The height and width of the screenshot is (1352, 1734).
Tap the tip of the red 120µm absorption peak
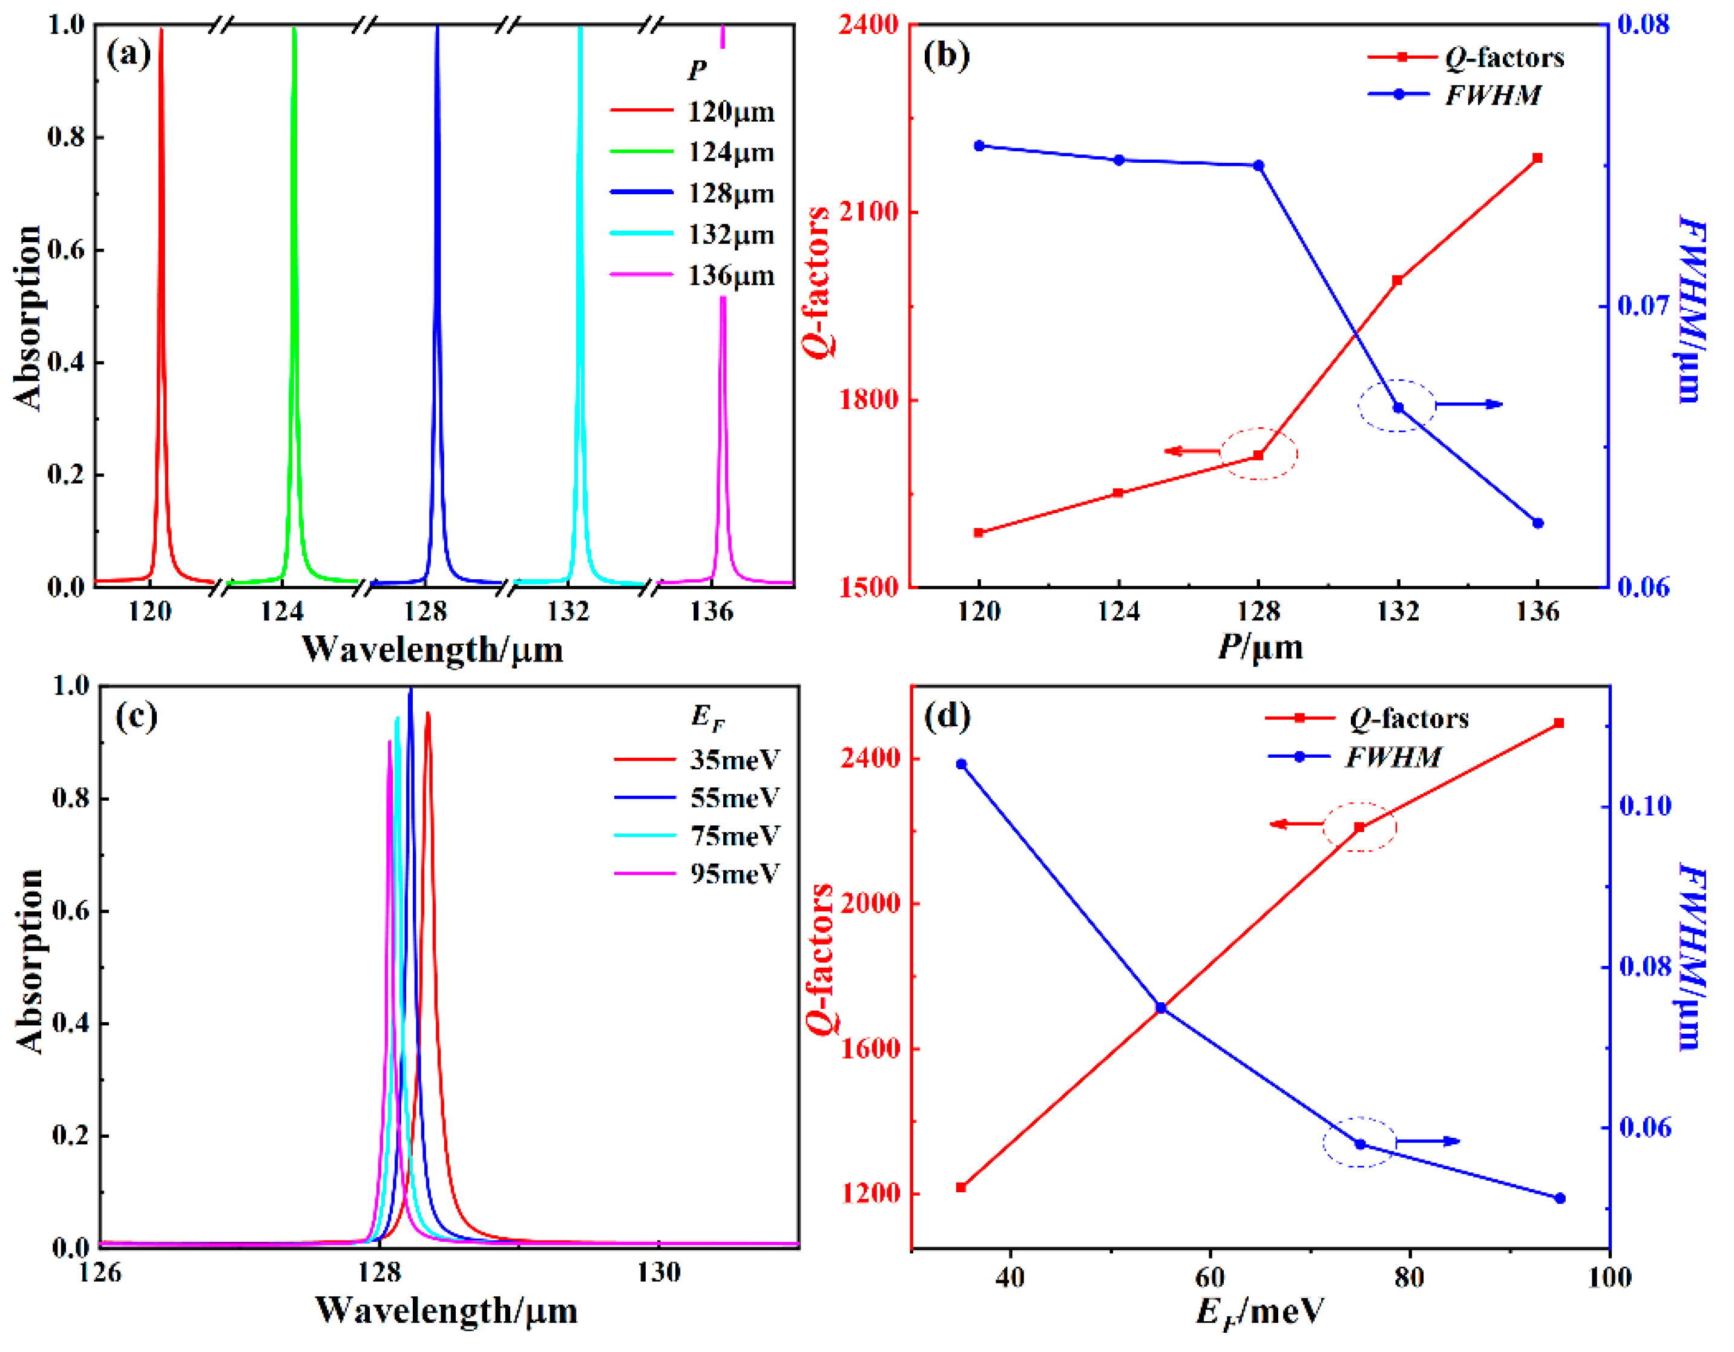click(161, 30)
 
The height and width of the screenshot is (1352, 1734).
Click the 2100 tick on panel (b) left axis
click(871, 212)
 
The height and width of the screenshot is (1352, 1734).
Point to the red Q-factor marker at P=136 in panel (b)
click(1538, 158)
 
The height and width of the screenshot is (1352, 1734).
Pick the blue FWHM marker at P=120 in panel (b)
click(979, 146)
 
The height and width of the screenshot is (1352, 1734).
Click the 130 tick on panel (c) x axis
click(659, 1273)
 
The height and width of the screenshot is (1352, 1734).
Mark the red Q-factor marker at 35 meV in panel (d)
click(962, 1187)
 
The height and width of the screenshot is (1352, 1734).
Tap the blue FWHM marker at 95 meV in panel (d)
click(1559, 1199)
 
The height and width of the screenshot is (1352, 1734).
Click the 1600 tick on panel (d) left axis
click(871, 1049)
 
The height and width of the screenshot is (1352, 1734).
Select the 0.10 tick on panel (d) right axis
click(1645, 807)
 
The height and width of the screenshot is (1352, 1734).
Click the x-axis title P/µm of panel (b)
click(1261, 648)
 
